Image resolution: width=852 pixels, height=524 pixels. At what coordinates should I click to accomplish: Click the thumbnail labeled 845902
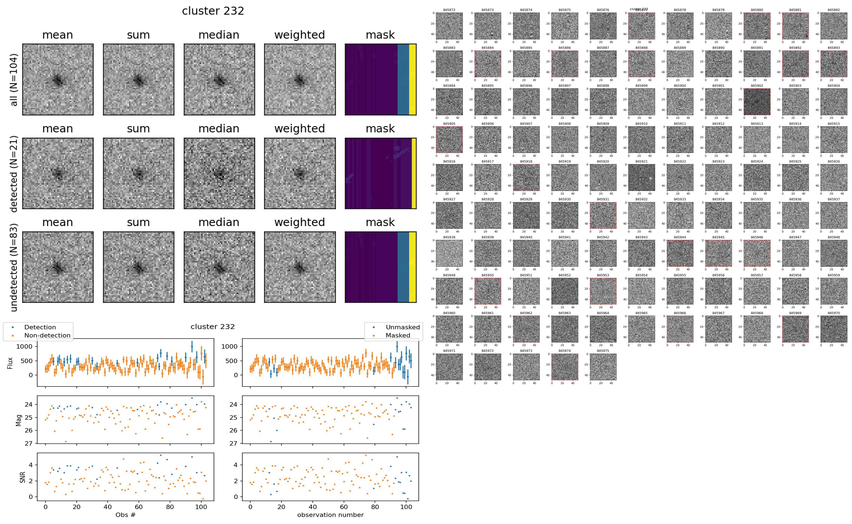coord(757,102)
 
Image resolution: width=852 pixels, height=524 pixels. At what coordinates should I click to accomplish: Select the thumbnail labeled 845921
coord(642,177)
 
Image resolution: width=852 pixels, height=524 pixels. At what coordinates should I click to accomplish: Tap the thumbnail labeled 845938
coord(449,253)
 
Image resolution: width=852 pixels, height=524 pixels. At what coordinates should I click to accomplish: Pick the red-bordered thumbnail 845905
coord(449,139)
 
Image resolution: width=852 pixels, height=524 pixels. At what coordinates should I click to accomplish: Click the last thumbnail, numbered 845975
coord(603,367)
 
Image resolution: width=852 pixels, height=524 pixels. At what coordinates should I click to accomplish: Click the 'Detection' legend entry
coord(40,327)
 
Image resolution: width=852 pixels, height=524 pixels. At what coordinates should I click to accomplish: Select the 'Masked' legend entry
coord(398,335)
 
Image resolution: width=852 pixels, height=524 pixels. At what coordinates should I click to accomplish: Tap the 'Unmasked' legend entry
coord(403,327)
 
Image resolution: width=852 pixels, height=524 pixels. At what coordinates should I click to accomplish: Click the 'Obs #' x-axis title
coord(125,515)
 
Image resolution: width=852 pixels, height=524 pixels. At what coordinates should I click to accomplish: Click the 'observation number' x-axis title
coord(330,515)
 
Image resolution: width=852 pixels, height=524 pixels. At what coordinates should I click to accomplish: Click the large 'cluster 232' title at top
coord(213,11)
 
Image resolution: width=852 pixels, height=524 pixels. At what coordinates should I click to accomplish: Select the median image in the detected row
coord(219,173)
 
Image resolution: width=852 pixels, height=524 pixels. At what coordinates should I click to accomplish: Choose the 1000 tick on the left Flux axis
coord(24,346)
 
